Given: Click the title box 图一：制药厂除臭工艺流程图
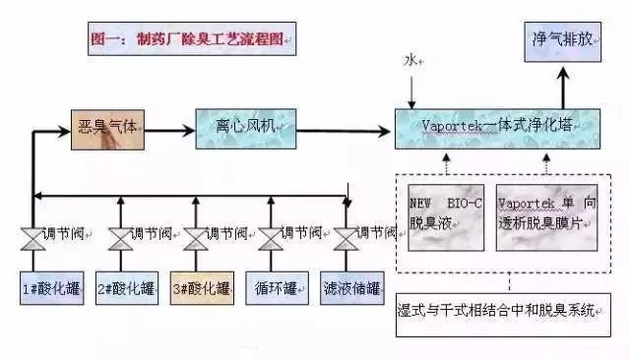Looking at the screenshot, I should [189, 40].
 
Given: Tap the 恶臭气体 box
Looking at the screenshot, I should [109, 127].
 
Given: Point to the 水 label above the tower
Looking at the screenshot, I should [411, 61].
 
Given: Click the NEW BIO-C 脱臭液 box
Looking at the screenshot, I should [445, 214].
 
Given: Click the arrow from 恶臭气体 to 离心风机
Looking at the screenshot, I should [168, 127].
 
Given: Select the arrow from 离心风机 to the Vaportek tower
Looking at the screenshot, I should [344, 127].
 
